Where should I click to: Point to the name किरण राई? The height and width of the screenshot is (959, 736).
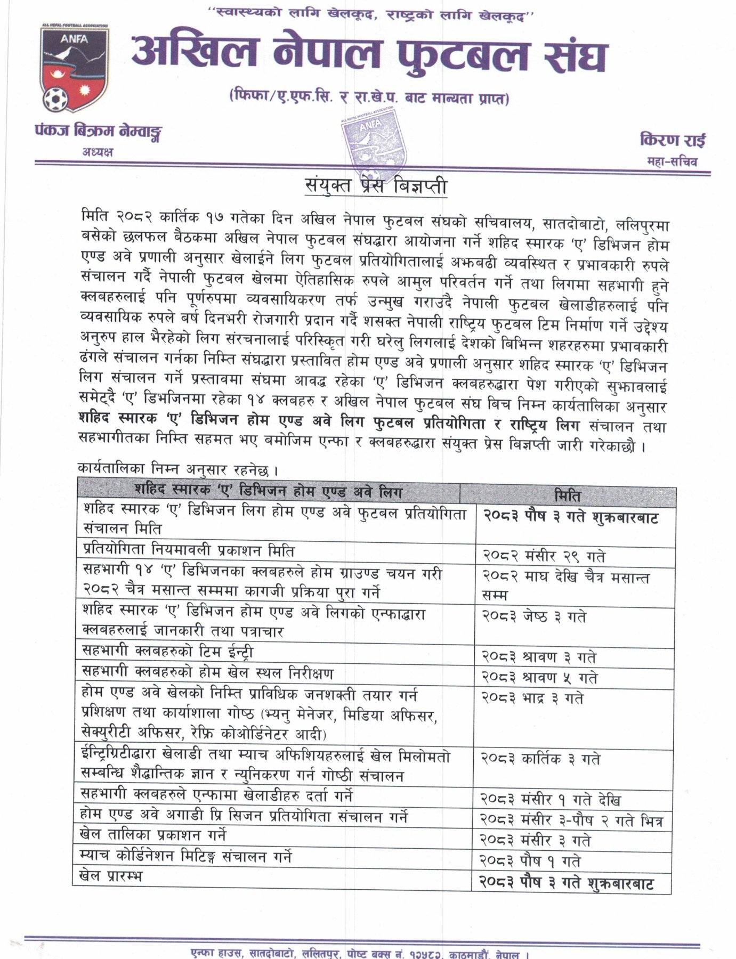pos(673,141)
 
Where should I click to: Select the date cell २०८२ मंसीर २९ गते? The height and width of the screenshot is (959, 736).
pos(544,556)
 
